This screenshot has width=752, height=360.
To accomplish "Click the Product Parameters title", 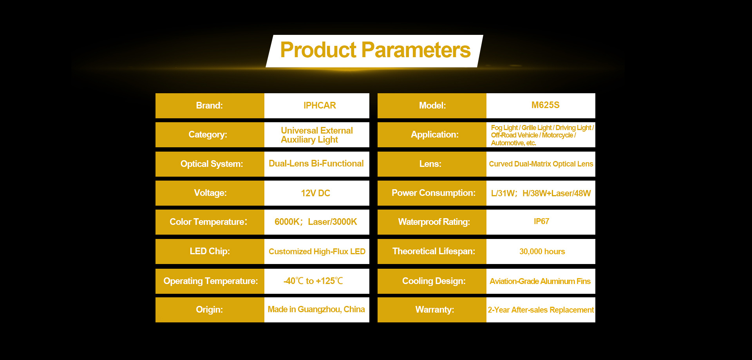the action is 375,50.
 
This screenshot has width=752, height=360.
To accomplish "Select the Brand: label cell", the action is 210,106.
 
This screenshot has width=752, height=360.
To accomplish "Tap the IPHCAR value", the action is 320,105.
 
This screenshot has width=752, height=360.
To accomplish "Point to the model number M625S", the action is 545,105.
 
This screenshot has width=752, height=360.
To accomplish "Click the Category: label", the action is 208,134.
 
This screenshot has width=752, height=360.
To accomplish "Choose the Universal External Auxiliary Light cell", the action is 317,135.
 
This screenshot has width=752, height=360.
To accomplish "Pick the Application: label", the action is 435,134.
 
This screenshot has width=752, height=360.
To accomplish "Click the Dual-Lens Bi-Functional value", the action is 316,163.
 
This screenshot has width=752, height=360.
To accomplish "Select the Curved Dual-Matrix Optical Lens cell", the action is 541,164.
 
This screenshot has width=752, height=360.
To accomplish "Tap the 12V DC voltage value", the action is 316,193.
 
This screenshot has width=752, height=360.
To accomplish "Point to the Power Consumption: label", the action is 434,193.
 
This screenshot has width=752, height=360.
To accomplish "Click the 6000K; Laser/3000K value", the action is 316,222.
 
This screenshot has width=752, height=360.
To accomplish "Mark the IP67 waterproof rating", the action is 541,221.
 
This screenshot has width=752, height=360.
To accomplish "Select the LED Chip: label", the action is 210,251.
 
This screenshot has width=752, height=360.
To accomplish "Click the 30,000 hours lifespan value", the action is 542,251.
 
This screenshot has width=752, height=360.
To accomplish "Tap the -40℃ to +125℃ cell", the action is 317,281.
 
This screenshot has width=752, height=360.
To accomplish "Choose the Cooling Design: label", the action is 434,281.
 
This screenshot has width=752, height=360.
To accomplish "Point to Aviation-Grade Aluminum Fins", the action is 540,281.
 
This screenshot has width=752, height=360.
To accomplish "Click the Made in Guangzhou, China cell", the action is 317,310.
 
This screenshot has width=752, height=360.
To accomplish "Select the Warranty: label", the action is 435,309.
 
